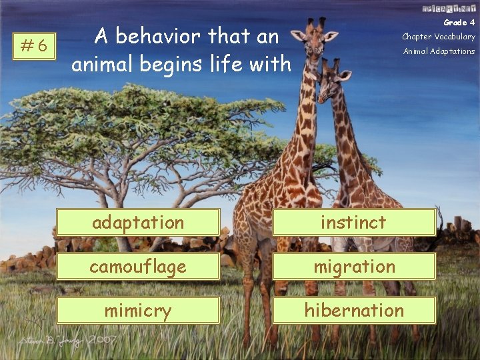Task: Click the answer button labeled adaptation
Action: click(138, 222)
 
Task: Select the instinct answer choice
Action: click(353, 222)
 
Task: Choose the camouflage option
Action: click(138, 266)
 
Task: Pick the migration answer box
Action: click(354, 266)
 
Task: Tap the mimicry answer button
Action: click(138, 310)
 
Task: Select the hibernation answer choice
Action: click(354, 310)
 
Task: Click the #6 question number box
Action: click(34, 45)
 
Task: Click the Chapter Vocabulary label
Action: click(438, 37)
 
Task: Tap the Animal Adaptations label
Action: click(439, 51)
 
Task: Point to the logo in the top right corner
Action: click(448, 8)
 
